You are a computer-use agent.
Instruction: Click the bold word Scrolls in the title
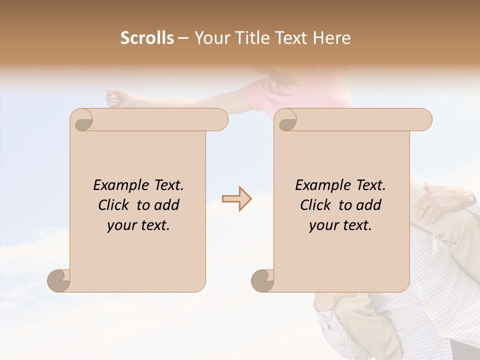[x=147, y=38]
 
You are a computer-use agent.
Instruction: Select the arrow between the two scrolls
[x=236, y=199]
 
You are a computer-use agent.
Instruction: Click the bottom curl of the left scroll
[x=59, y=280]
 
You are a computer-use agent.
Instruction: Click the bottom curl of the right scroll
[x=262, y=280]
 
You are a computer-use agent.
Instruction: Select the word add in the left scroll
[x=167, y=205]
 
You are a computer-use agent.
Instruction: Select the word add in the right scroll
[x=369, y=205]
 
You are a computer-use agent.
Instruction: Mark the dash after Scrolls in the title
[x=183, y=38]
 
